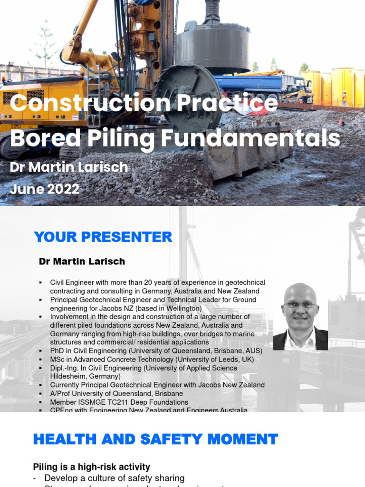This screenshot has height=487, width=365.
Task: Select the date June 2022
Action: [x=45, y=189]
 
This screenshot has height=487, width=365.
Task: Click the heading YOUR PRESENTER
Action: [x=103, y=237]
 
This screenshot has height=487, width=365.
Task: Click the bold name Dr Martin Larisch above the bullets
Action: [x=82, y=262]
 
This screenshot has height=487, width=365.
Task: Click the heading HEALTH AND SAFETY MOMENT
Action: [x=155, y=439]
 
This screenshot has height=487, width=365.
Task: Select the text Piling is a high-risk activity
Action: [x=92, y=467]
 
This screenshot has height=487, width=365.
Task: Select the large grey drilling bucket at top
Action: [x=212, y=45]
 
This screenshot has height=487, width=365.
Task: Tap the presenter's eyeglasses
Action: [x=299, y=305]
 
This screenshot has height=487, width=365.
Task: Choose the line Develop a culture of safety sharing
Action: [x=114, y=478]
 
